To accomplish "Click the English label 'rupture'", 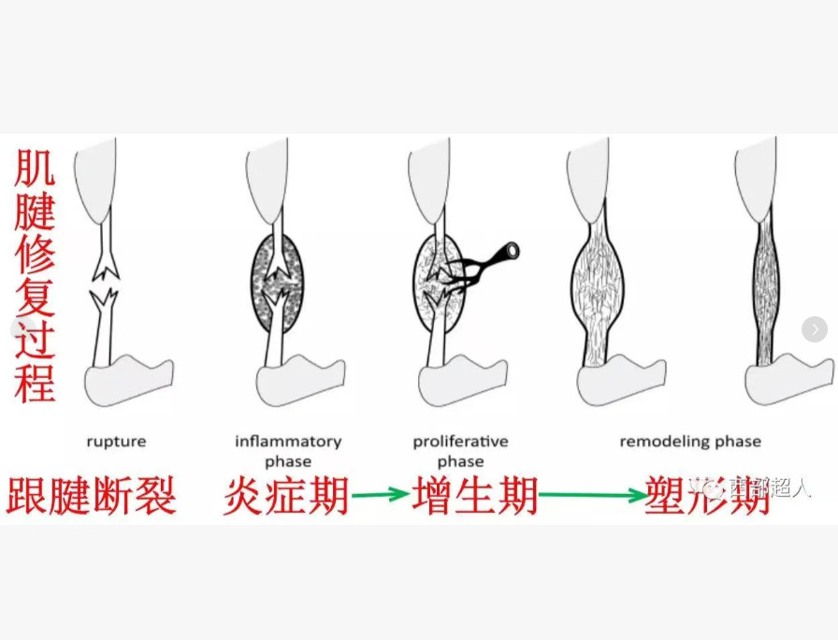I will pyautogui.click(x=116, y=442).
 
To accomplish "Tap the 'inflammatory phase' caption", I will pyautogui.click(x=288, y=450).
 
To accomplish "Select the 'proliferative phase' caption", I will pyautogui.click(x=460, y=450).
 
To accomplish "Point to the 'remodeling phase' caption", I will pyautogui.click(x=690, y=442).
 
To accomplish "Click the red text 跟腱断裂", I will pyautogui.click(x=91, y=496).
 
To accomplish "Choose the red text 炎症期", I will pyautogui.click(x=286, y=496).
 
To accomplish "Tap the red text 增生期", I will pyautogui.click(x=475, y=496).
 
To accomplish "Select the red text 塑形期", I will pyautogui.click(x=708, y=496).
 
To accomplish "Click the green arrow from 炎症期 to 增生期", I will pyautogui.click(x=380, y=496).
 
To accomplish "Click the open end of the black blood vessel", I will pyautogui.click(x=510, y=251).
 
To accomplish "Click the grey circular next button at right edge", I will pyautogui.click(x=815, y=329).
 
